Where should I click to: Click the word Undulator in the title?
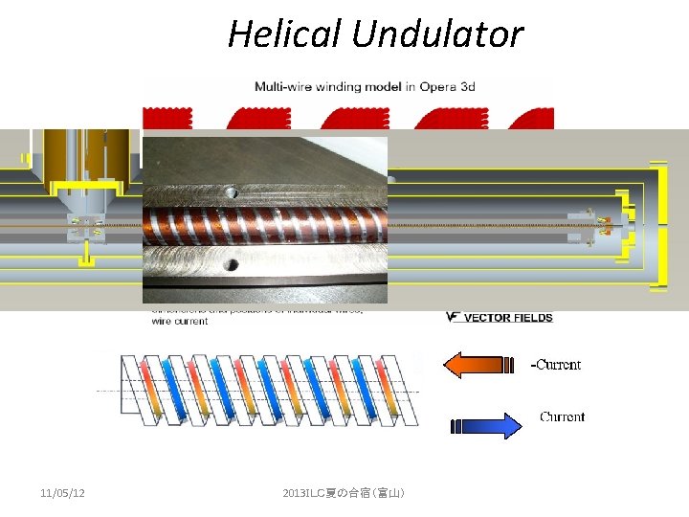437,35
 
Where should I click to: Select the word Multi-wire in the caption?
287,86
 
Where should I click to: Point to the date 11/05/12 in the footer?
62,492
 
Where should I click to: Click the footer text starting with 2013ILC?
344,492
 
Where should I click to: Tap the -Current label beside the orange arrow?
556,365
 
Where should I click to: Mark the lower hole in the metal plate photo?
231,260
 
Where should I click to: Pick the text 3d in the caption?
466,86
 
